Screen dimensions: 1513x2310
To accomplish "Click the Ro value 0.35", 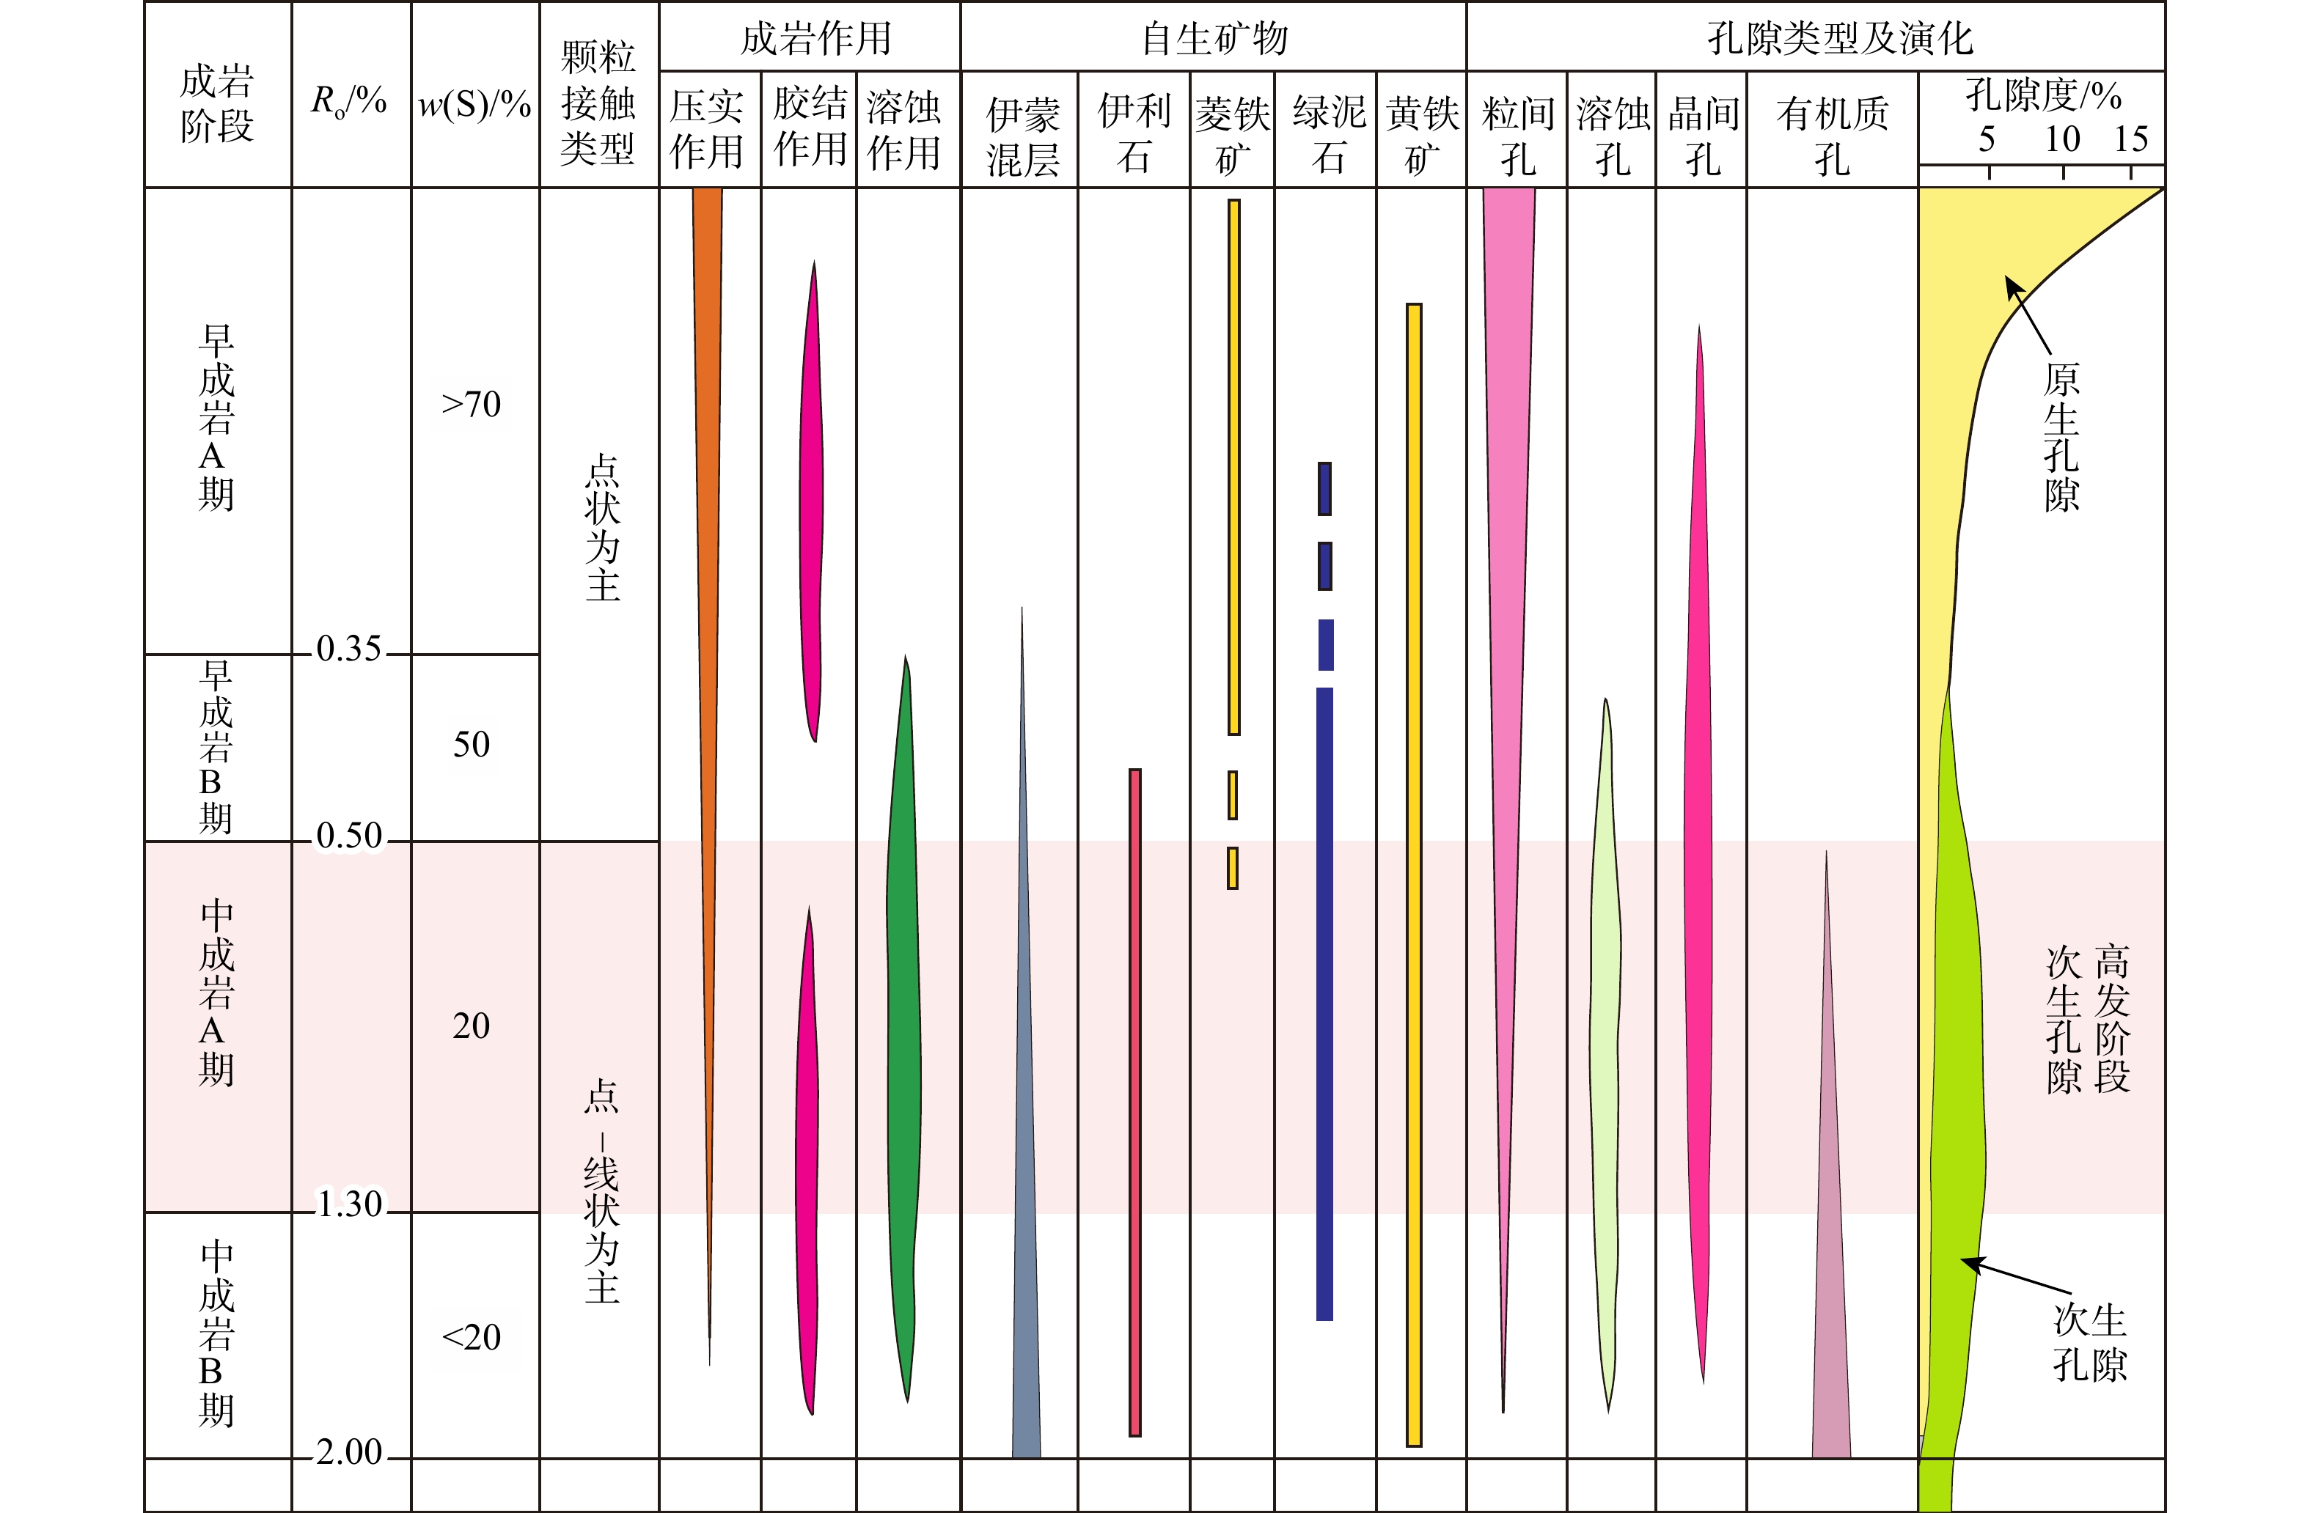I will pos(348,648).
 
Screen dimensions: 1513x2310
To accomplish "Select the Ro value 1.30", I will pos(349,1204).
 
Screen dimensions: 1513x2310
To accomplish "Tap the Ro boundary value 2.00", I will pos(348,1452).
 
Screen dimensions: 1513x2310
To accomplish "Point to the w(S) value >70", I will pos(472,404).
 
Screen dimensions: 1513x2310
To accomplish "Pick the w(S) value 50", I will pos(472,744).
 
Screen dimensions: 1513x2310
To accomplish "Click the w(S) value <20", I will pos(472,1337).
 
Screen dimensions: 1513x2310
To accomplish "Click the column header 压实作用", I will pos(707,129).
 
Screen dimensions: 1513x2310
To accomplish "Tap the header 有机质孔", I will pos(1832,136).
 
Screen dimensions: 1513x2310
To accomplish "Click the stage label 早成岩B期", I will pos(216,747).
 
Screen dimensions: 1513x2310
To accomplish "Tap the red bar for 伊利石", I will pos(1134,1102).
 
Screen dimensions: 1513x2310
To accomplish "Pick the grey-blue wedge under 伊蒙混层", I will pos(1024,1165).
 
